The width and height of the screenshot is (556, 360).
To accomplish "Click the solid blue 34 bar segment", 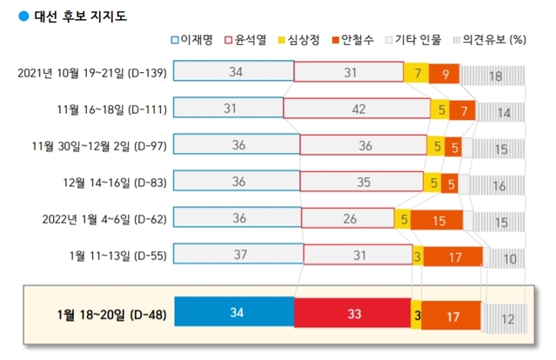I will click(x=234, y=313).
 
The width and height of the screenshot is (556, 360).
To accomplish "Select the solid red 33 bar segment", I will click(x=352, y=313).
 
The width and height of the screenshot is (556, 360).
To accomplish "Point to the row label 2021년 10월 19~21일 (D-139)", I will click(x=93, y=73).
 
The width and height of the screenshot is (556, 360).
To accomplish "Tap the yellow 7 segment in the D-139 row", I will click(x=417, y=73).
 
